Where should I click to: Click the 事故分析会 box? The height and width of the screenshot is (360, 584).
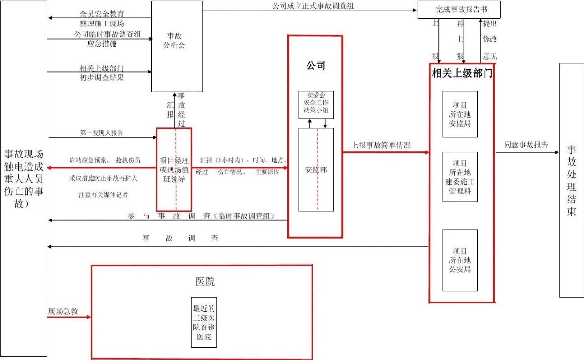coord(177,46)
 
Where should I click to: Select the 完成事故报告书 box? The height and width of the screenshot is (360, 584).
coord(459,10)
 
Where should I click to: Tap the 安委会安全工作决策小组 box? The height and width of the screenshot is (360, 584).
coord(316,104)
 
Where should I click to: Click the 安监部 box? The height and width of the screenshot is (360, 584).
coord(316,169)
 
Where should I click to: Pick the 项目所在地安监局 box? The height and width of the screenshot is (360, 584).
coord(460,114)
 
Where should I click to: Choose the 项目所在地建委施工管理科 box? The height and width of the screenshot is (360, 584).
coord(460,177)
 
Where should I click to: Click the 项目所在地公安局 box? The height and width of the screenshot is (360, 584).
coord(460,260)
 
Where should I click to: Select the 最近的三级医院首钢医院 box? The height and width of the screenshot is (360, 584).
coord(204,323)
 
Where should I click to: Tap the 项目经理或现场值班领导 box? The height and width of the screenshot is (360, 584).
coord(174,169)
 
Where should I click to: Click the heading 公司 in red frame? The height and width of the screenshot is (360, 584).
coord(316,66)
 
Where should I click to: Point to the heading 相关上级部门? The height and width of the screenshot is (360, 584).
coord(462,73)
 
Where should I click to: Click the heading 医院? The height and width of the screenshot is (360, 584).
coord(205,282)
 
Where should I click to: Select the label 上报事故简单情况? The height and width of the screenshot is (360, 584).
coord(381,145)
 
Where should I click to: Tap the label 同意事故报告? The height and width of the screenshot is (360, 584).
coord(526,145)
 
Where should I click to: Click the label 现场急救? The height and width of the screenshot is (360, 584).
coord(63,311)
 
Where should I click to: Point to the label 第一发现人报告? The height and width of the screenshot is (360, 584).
coord(101,133)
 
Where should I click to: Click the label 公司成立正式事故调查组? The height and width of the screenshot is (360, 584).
coord(313,6)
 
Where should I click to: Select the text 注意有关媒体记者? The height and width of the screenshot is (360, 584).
coord(103,195)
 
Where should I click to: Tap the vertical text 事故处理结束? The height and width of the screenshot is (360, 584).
coord(572,180)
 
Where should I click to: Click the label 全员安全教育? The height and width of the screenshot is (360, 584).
coord(102,14)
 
